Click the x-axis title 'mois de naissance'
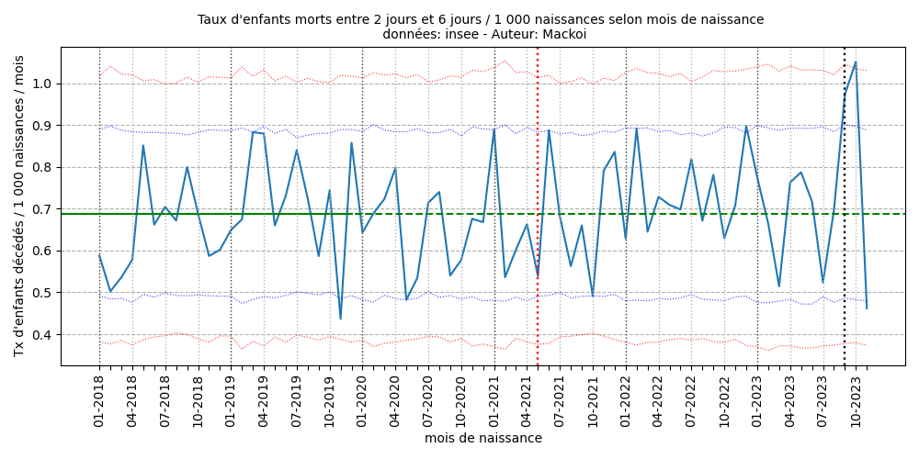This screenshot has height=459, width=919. tap(482, 439)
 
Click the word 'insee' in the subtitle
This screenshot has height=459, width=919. tap(457, 35)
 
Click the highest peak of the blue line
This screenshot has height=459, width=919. tap(856, 62)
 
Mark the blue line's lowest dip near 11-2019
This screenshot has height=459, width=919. tap(340, 319)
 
